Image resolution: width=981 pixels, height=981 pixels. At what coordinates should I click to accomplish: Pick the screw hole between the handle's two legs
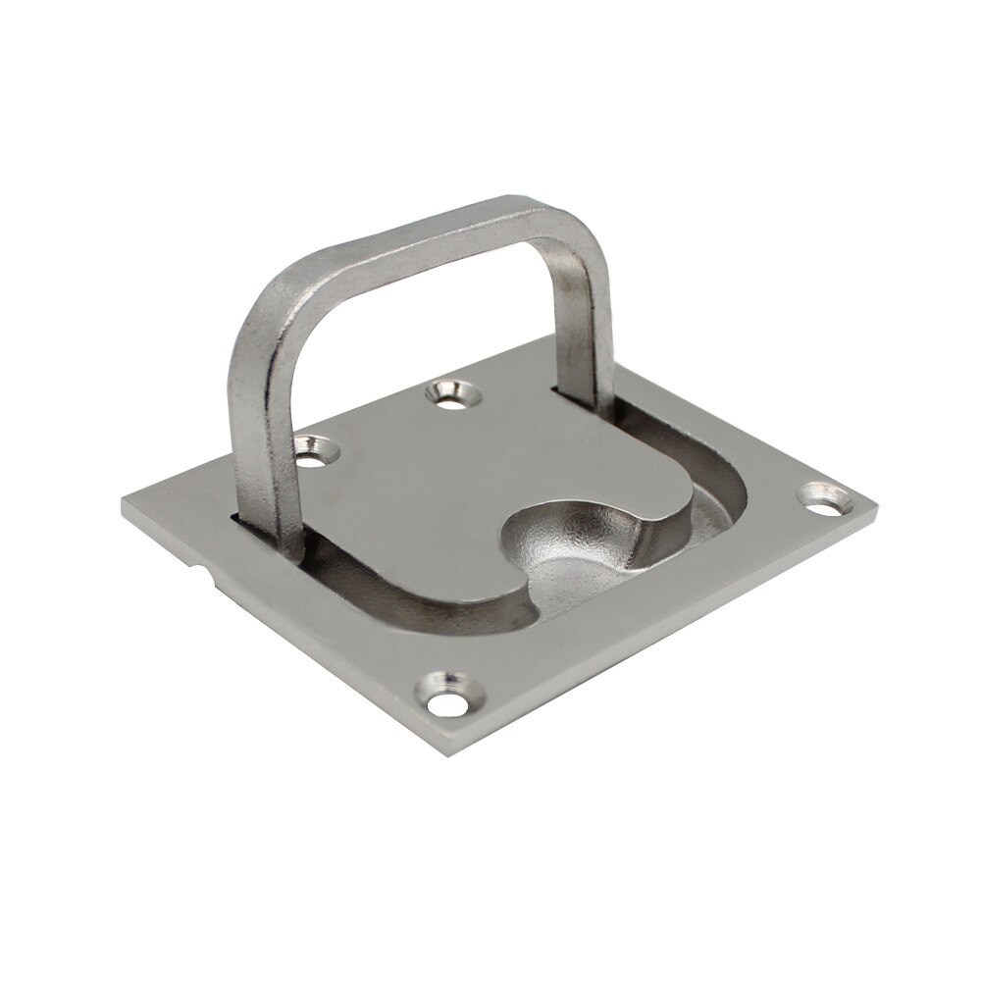point(449,395)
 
